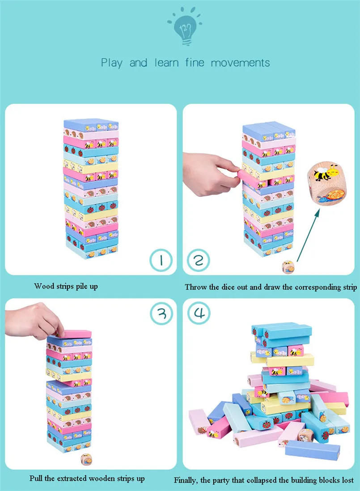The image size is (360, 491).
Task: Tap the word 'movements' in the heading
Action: point(240,63)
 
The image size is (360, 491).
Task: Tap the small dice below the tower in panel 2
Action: point(288,267)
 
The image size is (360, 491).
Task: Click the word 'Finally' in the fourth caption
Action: point(186,481)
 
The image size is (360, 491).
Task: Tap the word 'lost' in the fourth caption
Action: point(347,481)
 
